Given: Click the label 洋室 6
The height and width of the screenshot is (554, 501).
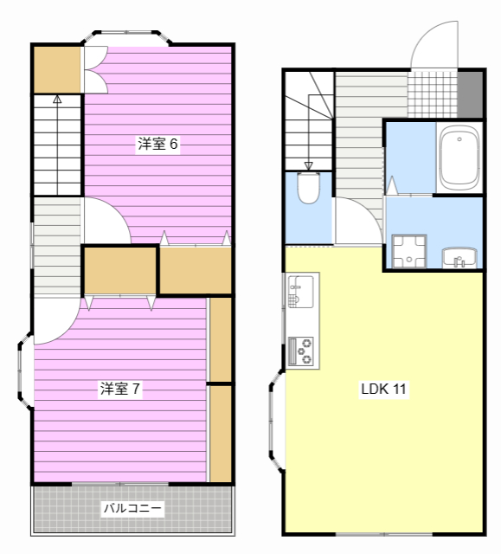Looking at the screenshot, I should (x=157, y=145).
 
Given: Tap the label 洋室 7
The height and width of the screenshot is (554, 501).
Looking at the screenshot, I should (x=120, y=390).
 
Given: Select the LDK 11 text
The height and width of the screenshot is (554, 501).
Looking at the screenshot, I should (x=383, y=390).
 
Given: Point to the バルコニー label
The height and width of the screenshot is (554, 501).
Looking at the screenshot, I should (x=132, y=509).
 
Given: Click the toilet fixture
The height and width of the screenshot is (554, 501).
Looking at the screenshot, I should (x=308, y=188).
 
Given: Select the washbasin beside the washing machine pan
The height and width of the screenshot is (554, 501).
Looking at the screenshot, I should (x=459, y=258).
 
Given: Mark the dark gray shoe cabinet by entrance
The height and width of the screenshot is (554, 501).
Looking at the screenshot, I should (x=470, y=93).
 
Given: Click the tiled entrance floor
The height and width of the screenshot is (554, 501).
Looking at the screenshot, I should (x=432, y=93).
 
